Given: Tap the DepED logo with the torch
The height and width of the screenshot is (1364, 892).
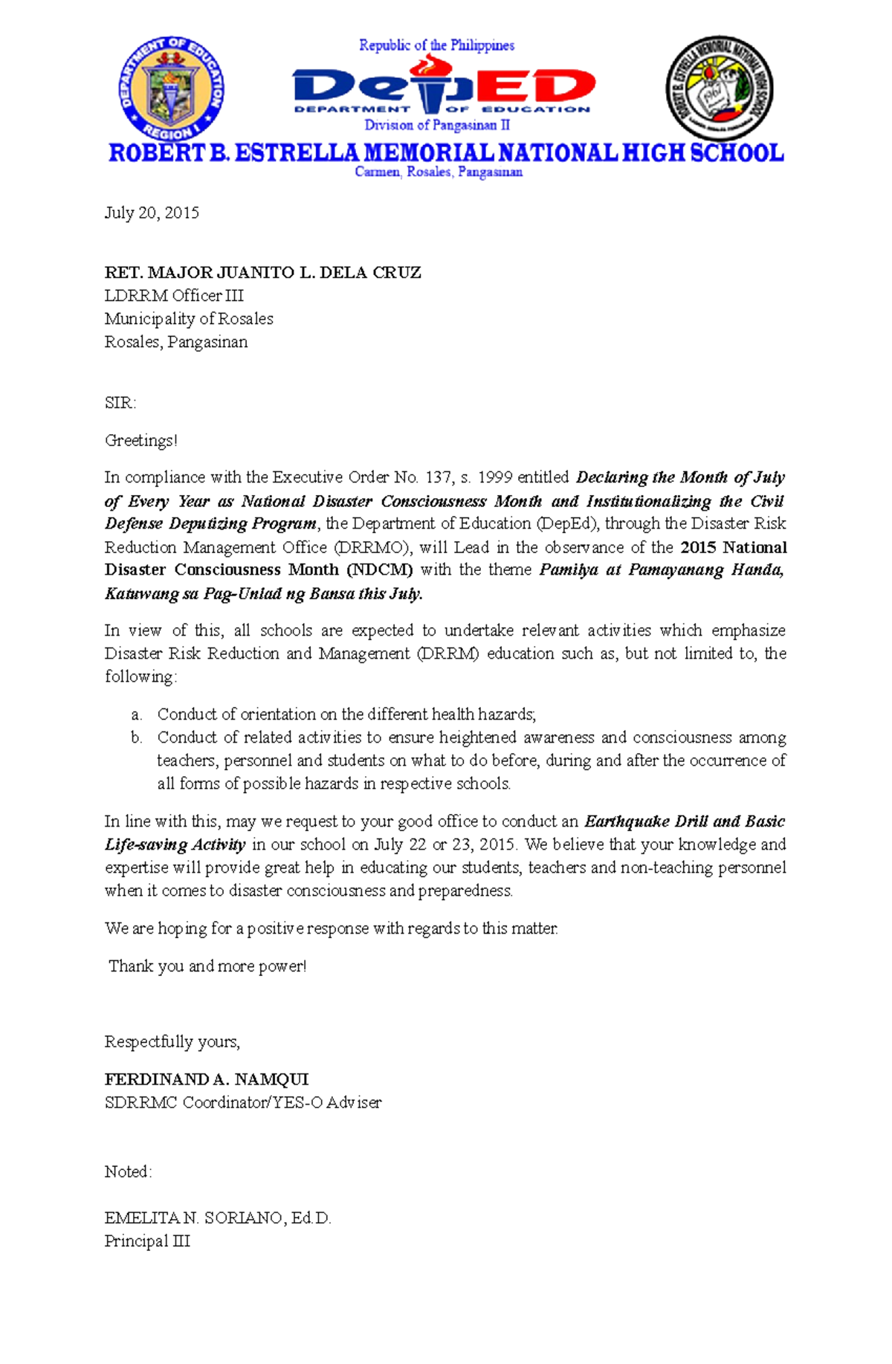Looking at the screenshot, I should click(443, 88).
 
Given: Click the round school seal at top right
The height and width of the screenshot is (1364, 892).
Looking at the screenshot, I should click(719, 88).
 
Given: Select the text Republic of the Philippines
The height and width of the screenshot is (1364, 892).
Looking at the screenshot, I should click(436, 45).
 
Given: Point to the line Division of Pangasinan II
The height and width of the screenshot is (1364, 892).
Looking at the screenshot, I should click(436, 125).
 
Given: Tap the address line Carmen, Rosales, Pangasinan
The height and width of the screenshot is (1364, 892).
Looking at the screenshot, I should click(439, 172).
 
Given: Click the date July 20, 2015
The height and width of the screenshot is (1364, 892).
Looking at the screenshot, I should click(152, 213).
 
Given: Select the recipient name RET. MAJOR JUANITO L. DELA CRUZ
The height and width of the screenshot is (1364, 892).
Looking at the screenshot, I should click(262, 273).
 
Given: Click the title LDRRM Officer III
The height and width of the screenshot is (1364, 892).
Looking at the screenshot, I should click(174, 296).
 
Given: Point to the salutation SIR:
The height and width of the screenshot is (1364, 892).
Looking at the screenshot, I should click(120, 404).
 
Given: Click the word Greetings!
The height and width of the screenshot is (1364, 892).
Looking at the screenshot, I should click(141, 441).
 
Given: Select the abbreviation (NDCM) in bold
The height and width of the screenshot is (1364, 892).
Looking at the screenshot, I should click(379, 570).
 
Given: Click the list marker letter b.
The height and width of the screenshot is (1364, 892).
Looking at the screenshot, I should click(136, 738).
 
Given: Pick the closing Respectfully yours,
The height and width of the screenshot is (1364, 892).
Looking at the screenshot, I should click(172, 1042).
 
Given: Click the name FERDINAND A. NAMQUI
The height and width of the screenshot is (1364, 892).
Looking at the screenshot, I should click(207, 1079).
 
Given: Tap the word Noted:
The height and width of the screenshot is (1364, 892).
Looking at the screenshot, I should click(128, 1172).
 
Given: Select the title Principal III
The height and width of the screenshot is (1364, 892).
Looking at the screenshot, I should click(147, 1241).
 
